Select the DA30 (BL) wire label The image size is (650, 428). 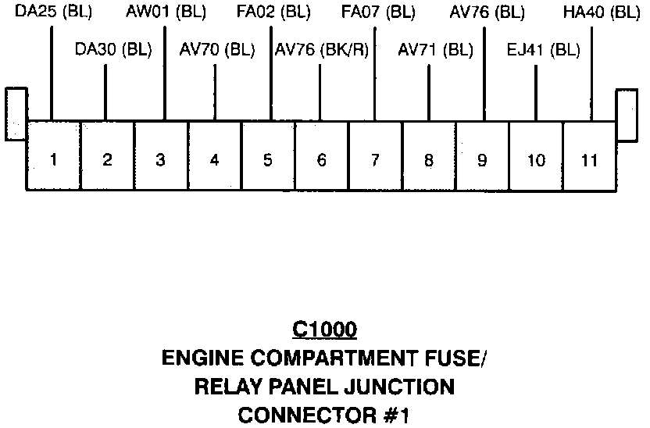pyautogui.click(x=113, y=49)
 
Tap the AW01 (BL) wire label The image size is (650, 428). pyautogui.click(x=166, y=12)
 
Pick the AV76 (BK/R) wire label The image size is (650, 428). pyautogui.click(x=322, y=49)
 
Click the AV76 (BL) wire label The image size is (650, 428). pyautogui.click(x=487, y=12)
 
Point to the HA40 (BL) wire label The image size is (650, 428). pyautogui.click(x=602, y=12)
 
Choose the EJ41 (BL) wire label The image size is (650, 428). pyautogui.click(x=543, y=49)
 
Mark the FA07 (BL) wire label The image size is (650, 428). pyautogui.click(x=378, y=12)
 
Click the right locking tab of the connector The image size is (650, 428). pyautogui.click(x=627, y=114)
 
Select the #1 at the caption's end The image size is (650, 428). pyautogui.click(x=397, y=413)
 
